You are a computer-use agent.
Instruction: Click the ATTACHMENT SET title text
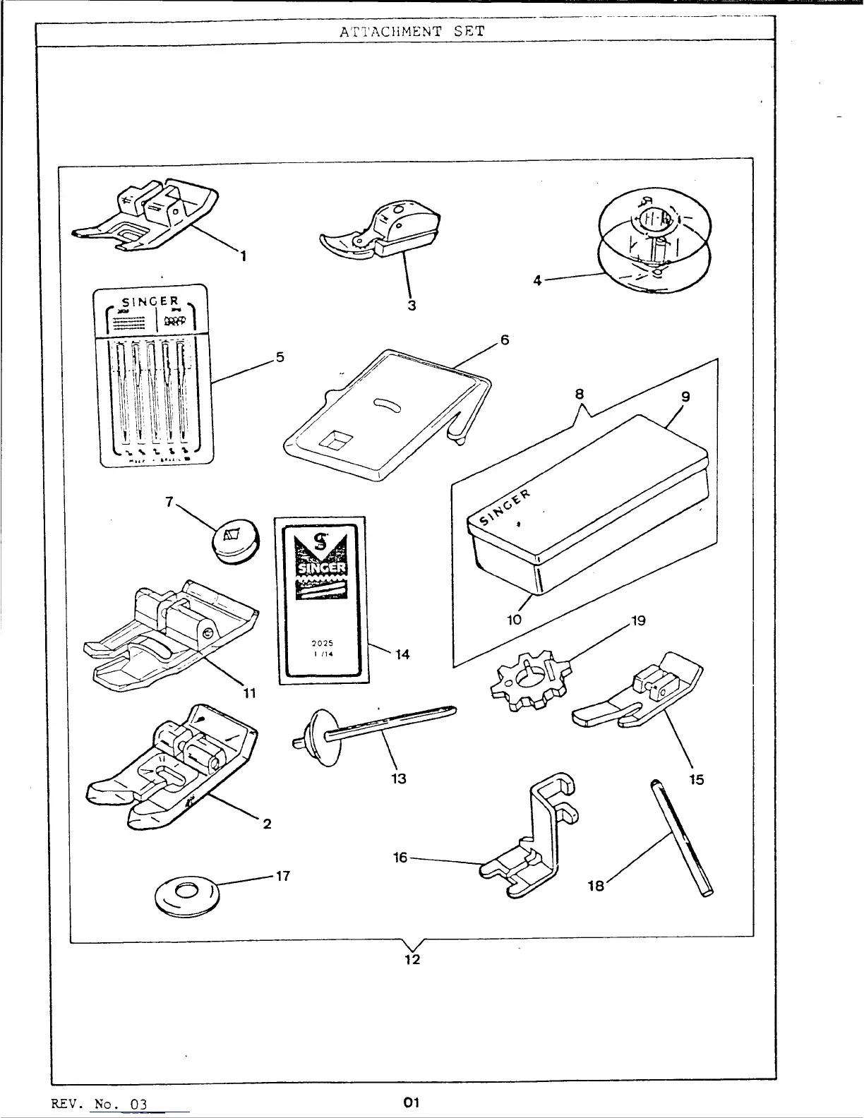point(412,32)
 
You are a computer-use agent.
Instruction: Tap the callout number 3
point(412,306)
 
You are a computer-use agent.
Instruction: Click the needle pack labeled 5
point(150,375)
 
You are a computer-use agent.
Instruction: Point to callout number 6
point(505,340)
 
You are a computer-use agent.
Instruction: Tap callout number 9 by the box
point(685,397)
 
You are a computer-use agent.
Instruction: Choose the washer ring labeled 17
point(187,891)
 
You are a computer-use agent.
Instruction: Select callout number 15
point(696,780)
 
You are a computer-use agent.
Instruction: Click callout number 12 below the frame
point(412,960)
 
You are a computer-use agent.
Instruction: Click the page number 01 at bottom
point(412,1102)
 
